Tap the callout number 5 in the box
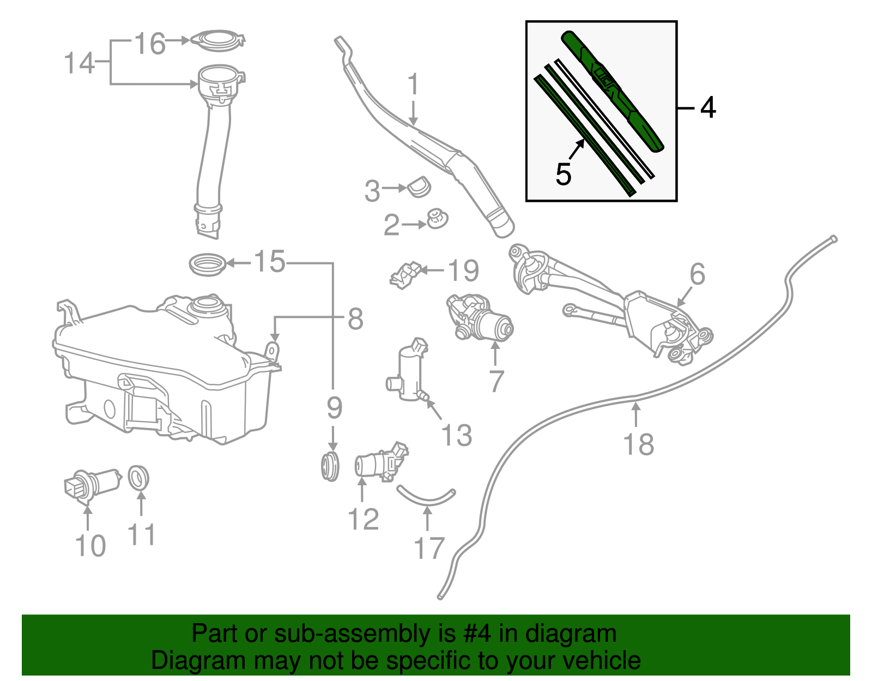tap(564, 174)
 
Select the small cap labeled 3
tap(419, 187)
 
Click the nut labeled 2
tap(437, 219)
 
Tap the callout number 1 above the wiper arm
tap(414, 85)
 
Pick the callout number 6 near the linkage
tap(697, 274)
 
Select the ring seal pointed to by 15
tap(207, 264)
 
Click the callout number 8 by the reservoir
tap(355, 318)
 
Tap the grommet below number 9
tap(330, 467)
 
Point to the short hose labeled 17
tap(426, 496)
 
